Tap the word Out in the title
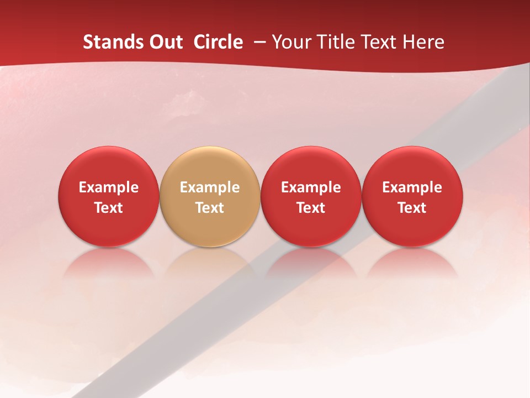pos(164,42)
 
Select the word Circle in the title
pos(218,42)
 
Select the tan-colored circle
pos(210,166)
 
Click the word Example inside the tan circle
pos(210,187)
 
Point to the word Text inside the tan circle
pos(210,208)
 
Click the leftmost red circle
pos(108,166)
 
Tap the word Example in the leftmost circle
pos(108,187)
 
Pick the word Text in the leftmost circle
pos(108,208)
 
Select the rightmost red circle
pos(412,166)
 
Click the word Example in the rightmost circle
pos(412,187)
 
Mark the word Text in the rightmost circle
pos(412,208)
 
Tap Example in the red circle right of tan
pos(311,187)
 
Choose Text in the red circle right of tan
pos(311,208)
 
